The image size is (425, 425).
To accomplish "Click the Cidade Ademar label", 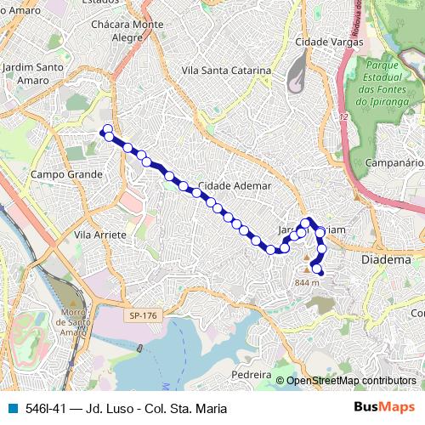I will (x=235, y=185).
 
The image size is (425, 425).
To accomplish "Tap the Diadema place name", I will (x=387, y=259).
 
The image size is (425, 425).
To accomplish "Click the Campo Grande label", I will (x=65, y=174).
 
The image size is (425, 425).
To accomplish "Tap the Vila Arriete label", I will (x=100, y=235).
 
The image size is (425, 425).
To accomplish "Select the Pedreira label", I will (x=251, y=374).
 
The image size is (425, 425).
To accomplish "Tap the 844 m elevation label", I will (x=306, y=282).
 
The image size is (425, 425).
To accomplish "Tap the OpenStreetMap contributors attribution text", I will (x=350, y=381).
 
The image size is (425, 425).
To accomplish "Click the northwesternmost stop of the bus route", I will (x=107, y=130).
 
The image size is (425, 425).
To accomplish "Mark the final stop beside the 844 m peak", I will (x=317, y=269).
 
